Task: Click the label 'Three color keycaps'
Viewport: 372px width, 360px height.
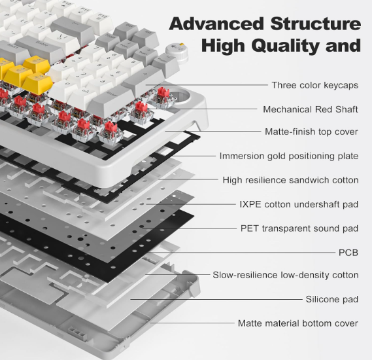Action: [315, 85]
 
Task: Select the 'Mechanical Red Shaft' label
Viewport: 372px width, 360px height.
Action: [311, 109]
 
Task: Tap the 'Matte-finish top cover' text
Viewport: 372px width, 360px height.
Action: [311, 132]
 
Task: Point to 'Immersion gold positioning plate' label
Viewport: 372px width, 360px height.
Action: [289, 156]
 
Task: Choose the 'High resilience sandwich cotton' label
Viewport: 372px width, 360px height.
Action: [290, 180]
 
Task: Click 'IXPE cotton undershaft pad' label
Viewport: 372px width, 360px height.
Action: [299, 204]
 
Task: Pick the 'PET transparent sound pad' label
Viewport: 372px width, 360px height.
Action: [299, 228]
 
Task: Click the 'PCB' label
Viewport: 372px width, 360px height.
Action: [348, 253]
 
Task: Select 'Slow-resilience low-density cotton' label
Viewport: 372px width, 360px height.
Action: [286, 275]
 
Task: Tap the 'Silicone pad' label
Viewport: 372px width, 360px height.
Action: [332, 299]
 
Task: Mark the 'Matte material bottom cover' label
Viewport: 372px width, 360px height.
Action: [297, 323]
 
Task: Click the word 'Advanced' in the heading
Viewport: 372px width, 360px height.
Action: [216, 24]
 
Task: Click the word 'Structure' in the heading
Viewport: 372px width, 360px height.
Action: [316, 24]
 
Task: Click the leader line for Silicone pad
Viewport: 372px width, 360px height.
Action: [216, 299]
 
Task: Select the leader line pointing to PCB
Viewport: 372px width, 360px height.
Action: [241, 253]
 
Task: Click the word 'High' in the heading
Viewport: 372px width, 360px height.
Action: [223, 46]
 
